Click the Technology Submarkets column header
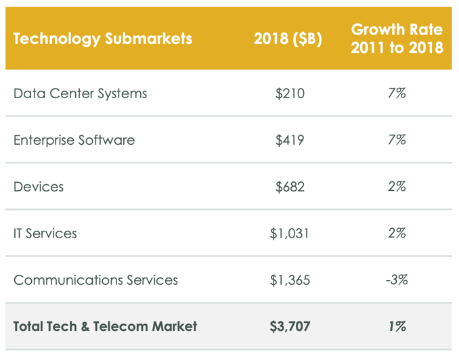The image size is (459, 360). (103, 39)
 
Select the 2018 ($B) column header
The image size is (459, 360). (288, 39)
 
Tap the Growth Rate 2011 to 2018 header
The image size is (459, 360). (397, 39)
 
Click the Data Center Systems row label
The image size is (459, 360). (80, 93)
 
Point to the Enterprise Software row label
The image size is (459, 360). (74, 140)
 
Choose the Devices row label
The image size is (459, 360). (39, 187)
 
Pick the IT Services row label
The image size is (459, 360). (45, 233)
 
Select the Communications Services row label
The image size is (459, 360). (95, 280)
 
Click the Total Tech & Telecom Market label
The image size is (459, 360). (105, 326)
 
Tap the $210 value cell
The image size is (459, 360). (290, 93)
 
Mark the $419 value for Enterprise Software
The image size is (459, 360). (290, 140)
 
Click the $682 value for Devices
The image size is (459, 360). (290, 187)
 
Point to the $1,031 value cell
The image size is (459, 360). (290, 233)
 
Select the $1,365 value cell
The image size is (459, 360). (290, 280)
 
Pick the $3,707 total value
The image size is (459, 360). (290, 326)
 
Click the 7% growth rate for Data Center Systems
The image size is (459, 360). (397, 93)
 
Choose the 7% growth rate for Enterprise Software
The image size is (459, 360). (397, 140)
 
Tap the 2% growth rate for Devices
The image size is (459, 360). (397, 187)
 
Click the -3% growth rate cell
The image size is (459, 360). (397, 280)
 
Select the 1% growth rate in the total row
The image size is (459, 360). (397, 326)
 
